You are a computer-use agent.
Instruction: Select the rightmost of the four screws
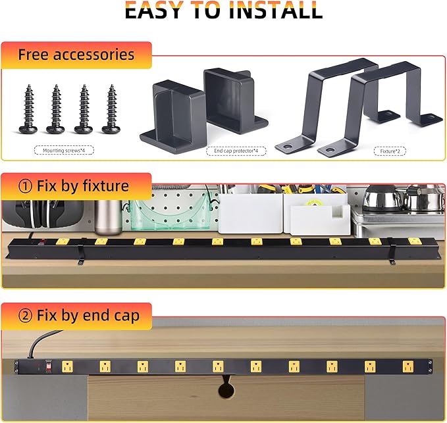click(112, 109)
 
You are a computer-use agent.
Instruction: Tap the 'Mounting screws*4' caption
click(63, 151)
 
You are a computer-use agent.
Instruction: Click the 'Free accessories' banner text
click(76, 55)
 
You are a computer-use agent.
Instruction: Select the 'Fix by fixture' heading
click(83, 186)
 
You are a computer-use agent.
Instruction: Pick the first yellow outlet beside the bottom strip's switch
click(66, 365)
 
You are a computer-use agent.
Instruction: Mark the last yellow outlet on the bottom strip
click(408, 365)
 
